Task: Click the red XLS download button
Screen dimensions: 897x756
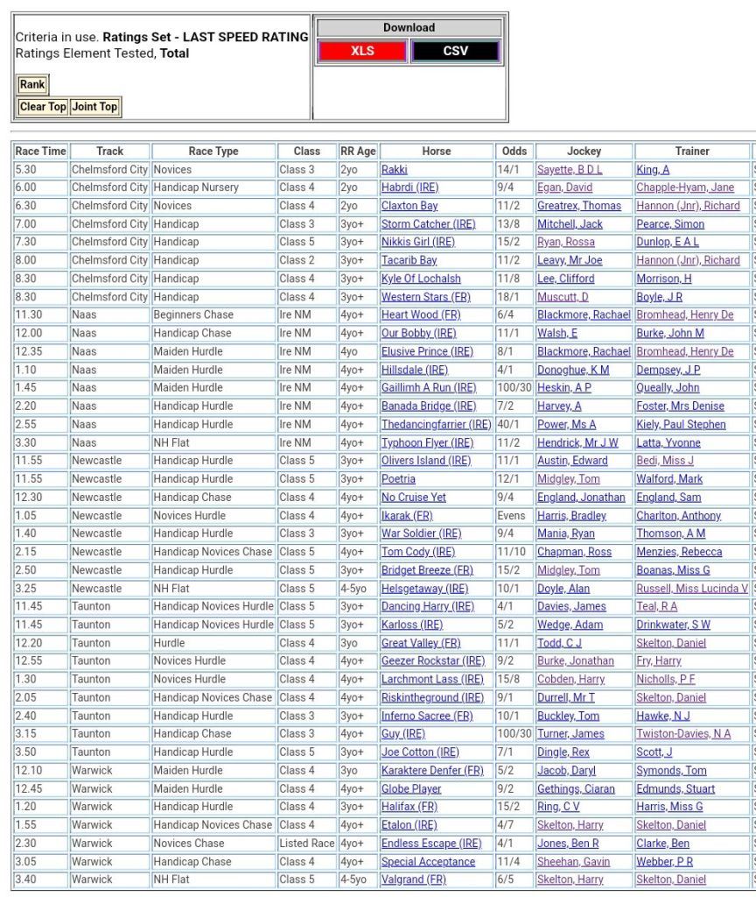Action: tap(362, 52)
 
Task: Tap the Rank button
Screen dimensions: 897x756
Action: tap(32, 85)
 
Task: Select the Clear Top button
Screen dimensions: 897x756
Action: tap(43, 107)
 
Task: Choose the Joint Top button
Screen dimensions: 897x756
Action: tap(94, 107)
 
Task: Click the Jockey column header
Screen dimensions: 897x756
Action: tap(584, 152)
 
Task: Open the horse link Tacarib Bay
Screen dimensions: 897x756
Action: tap(409, 260)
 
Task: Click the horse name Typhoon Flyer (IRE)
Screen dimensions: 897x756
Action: tap(427, 443)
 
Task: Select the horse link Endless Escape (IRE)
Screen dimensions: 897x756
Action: tap(431, 844)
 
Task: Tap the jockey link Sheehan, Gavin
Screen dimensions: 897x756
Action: tap(573, 862)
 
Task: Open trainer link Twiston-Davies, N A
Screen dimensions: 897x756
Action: tap(683, 734)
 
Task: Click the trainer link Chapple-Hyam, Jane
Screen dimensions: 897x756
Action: tap(685, 187)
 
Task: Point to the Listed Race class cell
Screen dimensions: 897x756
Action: tap(306, 844)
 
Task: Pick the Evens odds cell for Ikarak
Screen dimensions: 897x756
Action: tap(511, 516)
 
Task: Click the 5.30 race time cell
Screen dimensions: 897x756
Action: tap(26, 169)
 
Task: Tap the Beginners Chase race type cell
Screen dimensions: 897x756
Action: tap(193, 315)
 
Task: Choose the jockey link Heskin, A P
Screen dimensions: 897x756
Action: tap(563, 388)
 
